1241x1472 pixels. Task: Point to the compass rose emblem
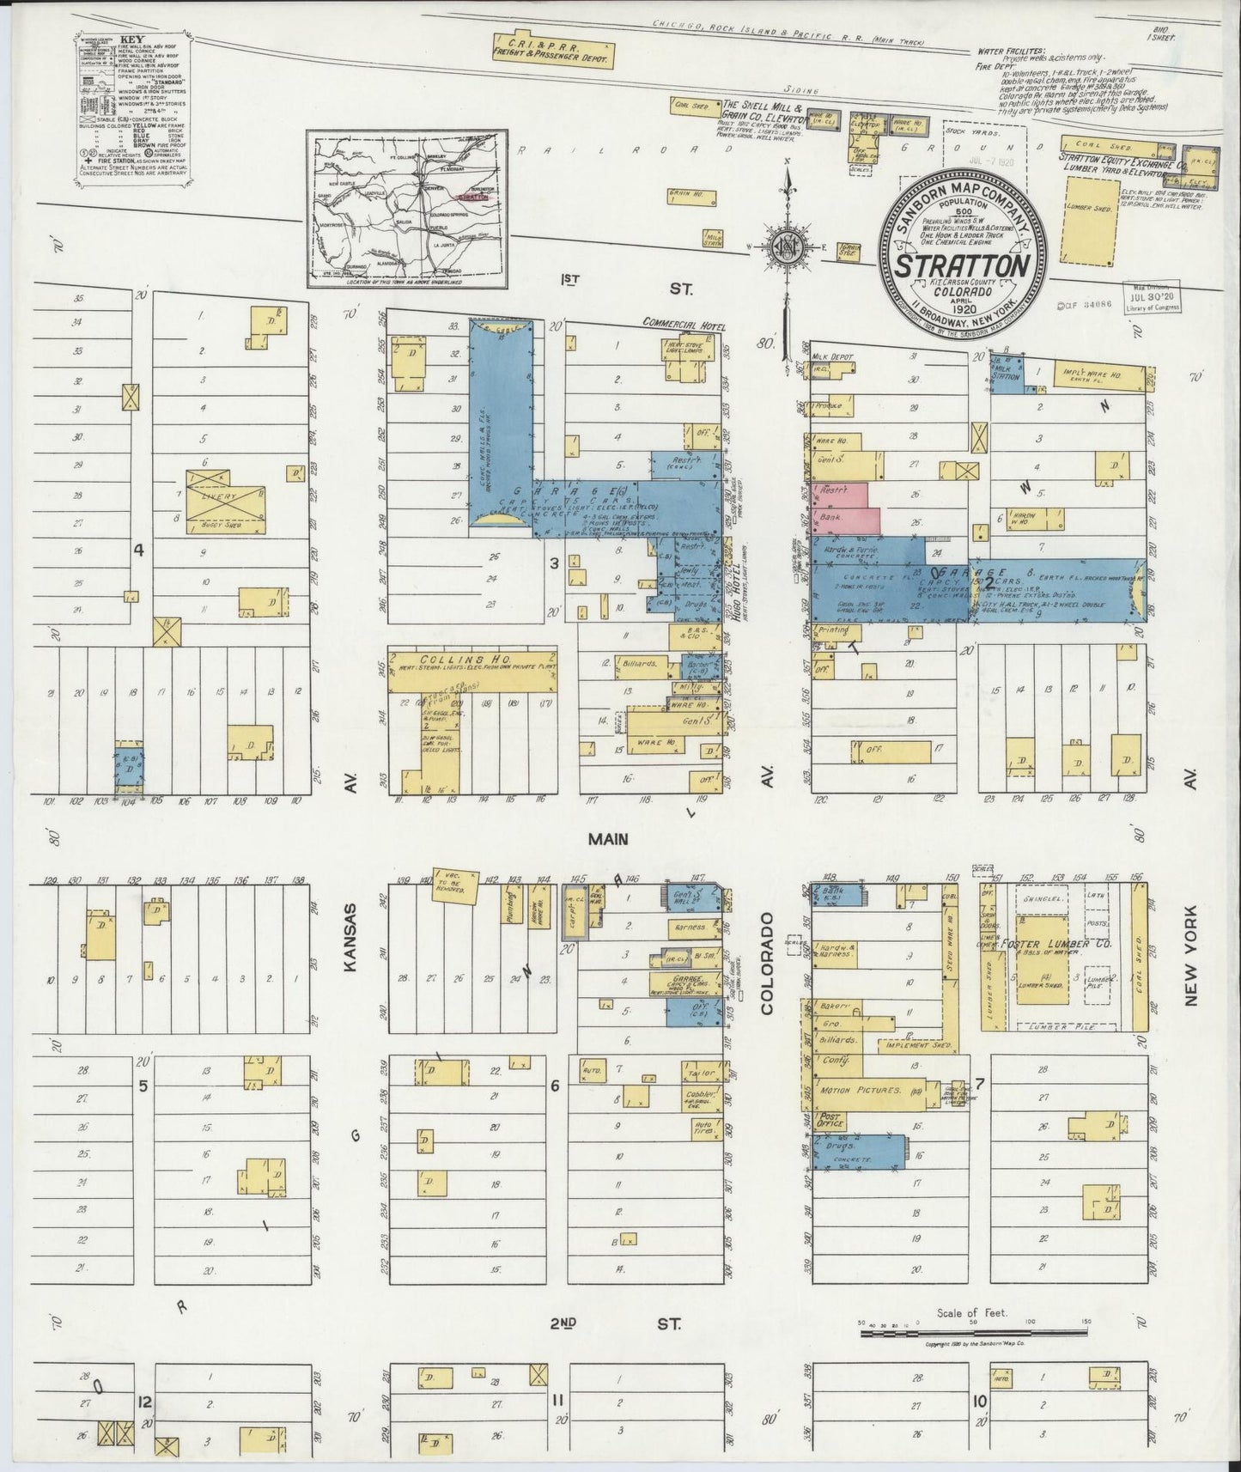[x=785, y=248]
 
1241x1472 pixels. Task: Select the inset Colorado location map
[x=408, y=210]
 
